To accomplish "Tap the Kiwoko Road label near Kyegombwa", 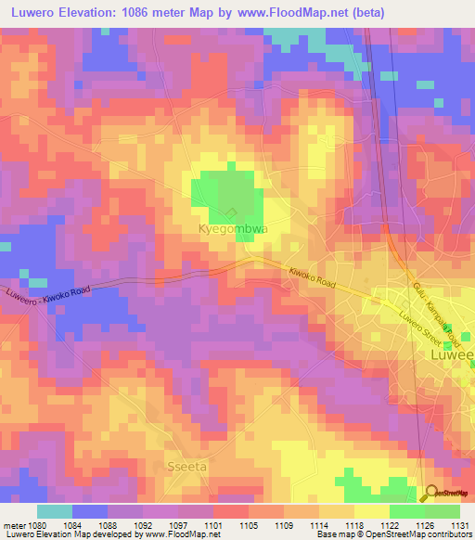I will click(310, 276).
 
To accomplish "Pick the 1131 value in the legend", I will click(456, 525).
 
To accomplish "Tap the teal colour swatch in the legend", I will click(54, 511).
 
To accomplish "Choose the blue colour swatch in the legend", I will click(89, 511).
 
